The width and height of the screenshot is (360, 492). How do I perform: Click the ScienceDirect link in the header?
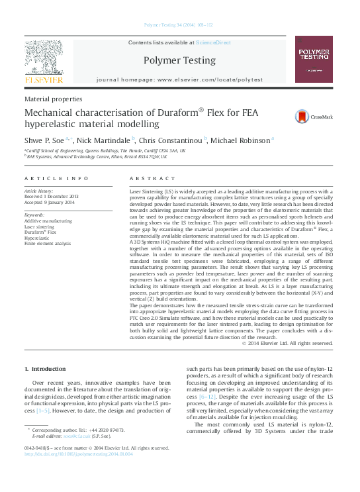point(213,42)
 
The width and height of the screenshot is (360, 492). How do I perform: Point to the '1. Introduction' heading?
point(45,368)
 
